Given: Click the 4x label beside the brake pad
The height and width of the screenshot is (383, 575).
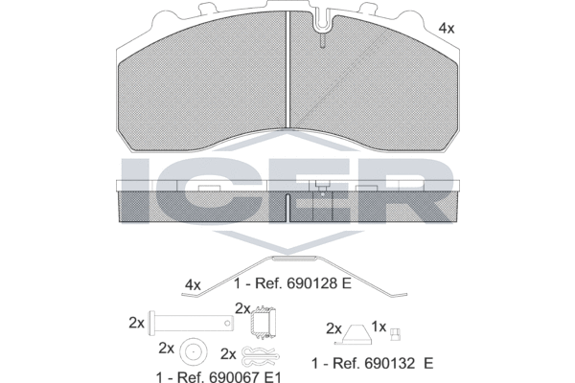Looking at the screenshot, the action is [447, 28].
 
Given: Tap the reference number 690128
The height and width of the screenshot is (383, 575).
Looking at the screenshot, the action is [312, 283].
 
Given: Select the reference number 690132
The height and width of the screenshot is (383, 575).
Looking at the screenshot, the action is [390, 363].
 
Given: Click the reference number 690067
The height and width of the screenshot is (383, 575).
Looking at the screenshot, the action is [235, 376].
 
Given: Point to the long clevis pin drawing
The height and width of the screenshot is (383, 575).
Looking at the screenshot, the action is [191, 323].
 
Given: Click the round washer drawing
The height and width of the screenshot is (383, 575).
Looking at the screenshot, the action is [193, 352].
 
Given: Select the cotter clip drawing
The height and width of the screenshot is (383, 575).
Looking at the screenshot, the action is [261, 355].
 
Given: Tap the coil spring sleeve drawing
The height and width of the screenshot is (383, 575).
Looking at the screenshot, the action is [263, 322].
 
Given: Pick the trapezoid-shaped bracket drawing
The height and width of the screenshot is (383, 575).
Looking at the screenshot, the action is [354, 334].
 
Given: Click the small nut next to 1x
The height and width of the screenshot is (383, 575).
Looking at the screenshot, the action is [395, 334].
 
